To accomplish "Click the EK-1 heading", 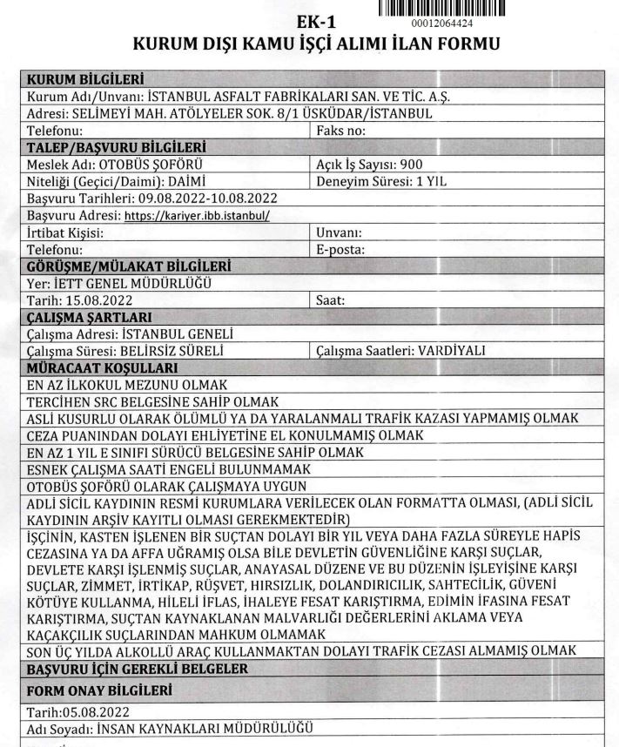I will tap(315, 20).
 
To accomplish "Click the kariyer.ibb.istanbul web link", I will tap(197, 215).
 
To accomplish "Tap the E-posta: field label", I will tap(339, 249).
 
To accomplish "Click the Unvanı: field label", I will tap(336, 232).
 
